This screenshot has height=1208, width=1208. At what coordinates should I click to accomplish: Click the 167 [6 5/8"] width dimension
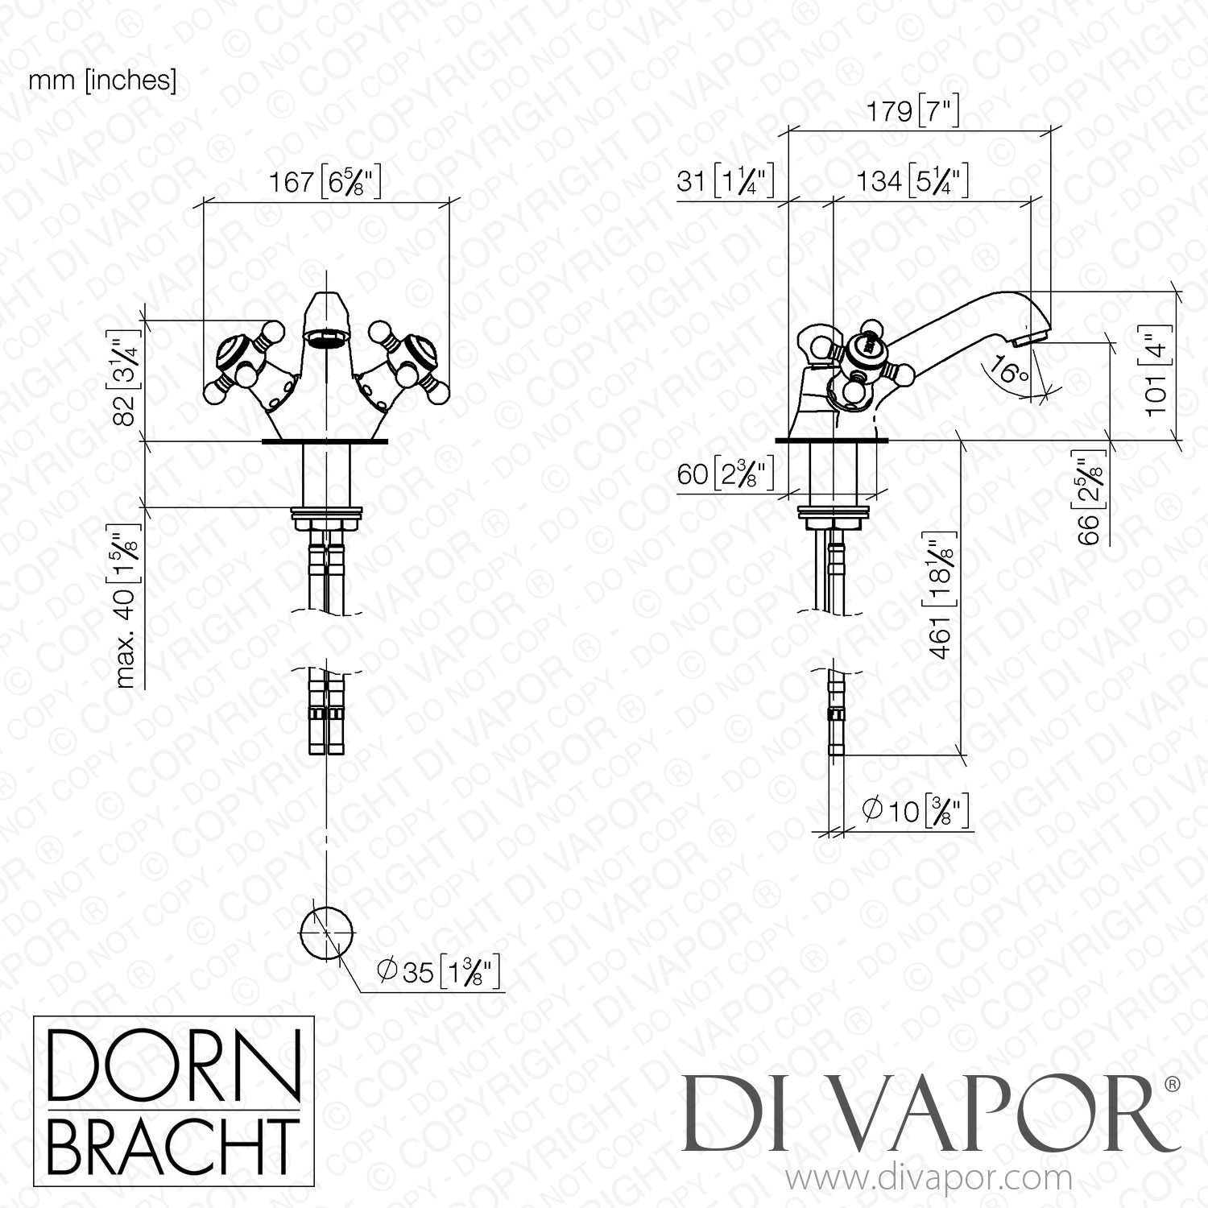point(324,183)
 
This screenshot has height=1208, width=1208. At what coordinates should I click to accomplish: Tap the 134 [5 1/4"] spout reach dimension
point(912,180)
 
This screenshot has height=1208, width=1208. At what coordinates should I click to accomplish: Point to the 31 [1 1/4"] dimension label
point(726,180)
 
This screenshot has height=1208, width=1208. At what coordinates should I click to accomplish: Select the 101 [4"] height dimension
point(1156,368)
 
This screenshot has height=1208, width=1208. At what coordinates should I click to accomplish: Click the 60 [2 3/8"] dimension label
point(726,474)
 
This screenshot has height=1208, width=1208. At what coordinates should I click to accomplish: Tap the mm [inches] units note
point(102,81)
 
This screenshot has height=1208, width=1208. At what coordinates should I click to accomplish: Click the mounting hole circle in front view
point(326,931)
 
